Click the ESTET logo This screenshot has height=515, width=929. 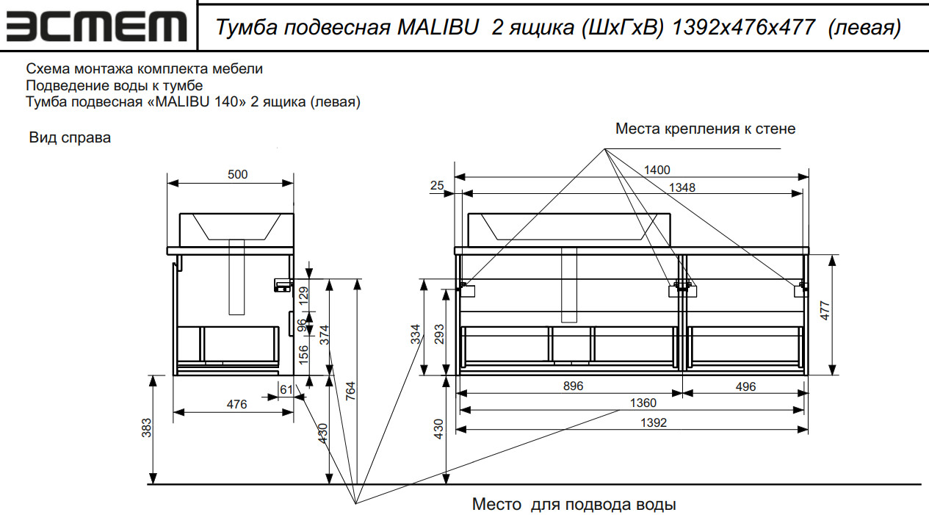[x=96, y=27]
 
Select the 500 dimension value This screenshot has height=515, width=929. [x=238, y=174]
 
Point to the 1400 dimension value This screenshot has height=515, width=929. [x=657, y=170]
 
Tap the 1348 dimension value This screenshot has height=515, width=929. [x=682, y=187]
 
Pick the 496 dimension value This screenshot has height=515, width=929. [x=745, y=386]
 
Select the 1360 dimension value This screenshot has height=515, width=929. [x=643, y=403]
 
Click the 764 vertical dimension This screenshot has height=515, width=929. [x=351, y=391]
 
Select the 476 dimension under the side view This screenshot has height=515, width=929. [x=236, y=404]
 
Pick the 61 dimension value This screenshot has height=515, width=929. [x=286, y=389]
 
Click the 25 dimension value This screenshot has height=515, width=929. [x=438, y=185]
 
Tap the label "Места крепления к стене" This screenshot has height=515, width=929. [x=705, y=129]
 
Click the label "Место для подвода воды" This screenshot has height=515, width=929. [x=574, y=505]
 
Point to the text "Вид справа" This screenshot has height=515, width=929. [x=71, y=137]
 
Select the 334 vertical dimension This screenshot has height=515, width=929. [x=416, y=334]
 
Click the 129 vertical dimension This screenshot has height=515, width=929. [x=303, y=295]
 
